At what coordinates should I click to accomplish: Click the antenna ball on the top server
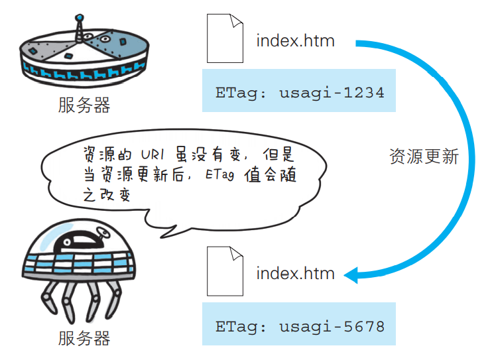80,17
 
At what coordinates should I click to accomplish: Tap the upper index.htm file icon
225,38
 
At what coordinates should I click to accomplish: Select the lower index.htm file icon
225,271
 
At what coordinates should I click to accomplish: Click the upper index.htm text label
295,41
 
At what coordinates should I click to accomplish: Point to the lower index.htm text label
295,273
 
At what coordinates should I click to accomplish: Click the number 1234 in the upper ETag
364,93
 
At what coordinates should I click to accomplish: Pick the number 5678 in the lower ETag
364,326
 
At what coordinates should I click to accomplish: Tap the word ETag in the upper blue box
236,93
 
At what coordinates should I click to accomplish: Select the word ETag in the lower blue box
236,327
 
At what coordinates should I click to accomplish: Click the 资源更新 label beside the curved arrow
424,156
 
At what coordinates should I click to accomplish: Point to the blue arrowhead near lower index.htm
351,275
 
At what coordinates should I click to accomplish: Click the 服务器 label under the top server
84,105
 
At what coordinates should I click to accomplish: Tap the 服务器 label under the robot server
84,338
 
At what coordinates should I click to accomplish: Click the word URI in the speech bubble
153,154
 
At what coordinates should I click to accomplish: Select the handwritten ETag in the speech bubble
219,174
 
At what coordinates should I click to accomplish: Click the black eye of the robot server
67,242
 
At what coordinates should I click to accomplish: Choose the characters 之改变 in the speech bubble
107,195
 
